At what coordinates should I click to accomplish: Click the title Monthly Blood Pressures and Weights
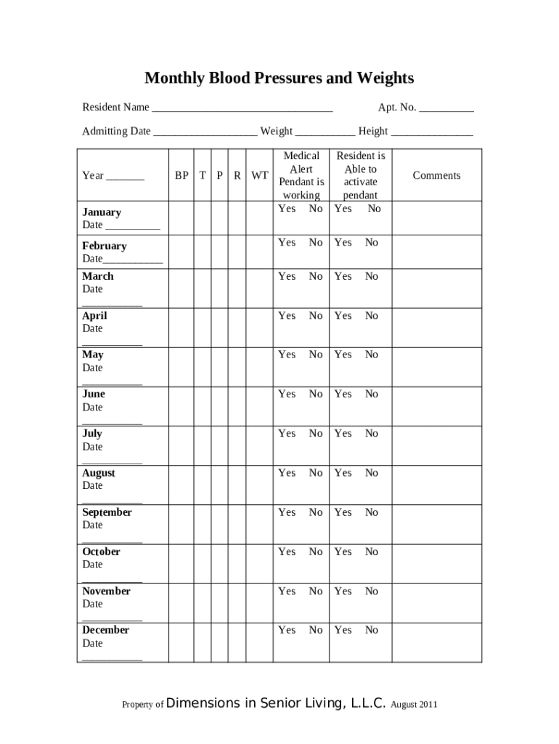point(279,78)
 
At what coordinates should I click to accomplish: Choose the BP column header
point(181,176)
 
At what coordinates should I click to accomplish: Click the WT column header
point(259,176)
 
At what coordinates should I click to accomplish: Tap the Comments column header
point(436,176)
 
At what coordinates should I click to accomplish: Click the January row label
point(102,212)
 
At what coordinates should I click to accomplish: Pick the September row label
point(107,512)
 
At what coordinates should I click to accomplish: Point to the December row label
point(105,630)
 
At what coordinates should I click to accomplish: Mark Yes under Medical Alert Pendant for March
point(287,276)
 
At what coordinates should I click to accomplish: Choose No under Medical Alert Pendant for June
point(316,394)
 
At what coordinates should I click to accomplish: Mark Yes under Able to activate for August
point(343,473)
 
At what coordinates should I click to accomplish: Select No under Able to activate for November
point(372,591)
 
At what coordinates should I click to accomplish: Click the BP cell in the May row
point(181,367)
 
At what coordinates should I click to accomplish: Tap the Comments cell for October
point(436,564)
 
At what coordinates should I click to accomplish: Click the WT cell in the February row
point(259,252)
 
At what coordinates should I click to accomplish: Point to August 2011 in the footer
point(414,705)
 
